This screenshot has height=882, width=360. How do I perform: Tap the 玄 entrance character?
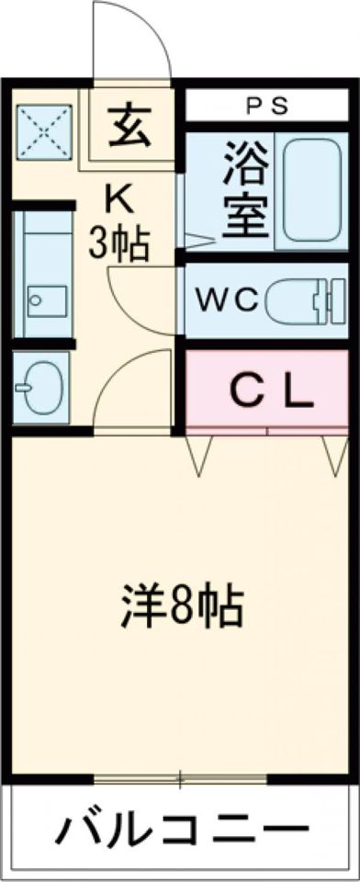point(130,129)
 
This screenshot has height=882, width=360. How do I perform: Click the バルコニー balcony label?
point(180,832)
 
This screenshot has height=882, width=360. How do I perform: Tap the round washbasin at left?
point(40,387)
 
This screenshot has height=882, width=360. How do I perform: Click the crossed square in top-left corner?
point(41,128)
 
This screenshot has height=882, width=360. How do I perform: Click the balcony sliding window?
point(181,780)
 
